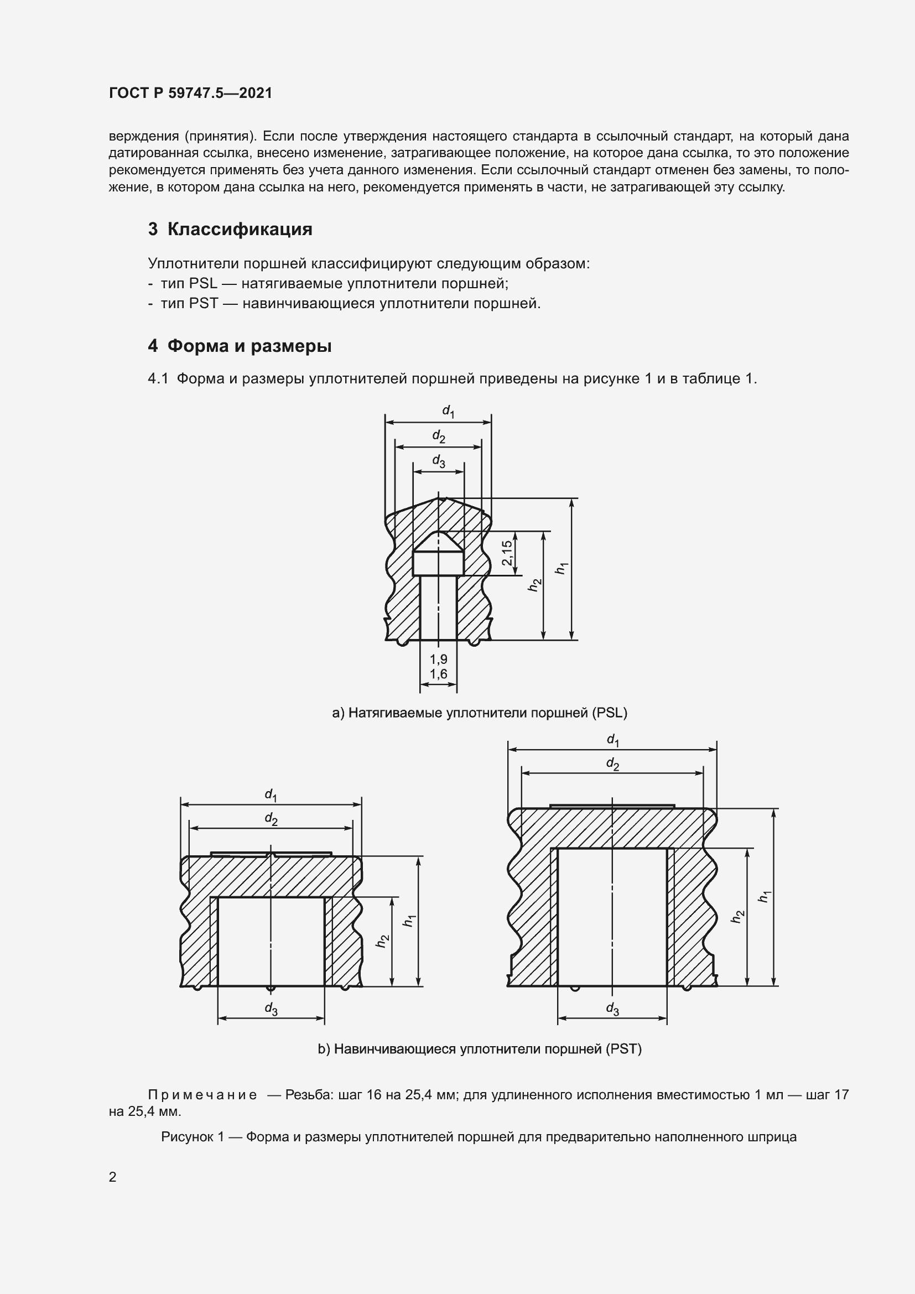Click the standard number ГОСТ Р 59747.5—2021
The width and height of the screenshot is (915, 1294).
(190, 93)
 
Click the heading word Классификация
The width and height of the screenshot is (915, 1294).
(240, 230)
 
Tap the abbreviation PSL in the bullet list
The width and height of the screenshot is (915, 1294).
(204, 283)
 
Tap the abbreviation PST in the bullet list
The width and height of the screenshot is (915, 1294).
(204, 304)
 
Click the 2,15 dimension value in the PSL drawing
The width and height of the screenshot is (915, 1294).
(507, 553)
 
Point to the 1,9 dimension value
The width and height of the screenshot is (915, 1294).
(438, 659)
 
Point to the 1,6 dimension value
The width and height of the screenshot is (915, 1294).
(438, 673)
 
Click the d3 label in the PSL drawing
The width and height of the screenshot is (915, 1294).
(438, 461)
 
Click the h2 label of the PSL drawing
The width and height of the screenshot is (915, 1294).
(534, 585)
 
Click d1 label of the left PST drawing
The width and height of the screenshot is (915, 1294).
(271, 794)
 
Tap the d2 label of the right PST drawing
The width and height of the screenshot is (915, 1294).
(612, 764)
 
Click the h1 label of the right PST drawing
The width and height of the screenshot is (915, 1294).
(764, 896)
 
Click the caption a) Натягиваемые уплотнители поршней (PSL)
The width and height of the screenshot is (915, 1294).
(480, 713)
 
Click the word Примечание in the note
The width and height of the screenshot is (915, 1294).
(202, 1094)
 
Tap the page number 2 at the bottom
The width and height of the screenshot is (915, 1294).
(113, 1177)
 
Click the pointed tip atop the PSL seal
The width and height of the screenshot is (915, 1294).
(440, 499)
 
